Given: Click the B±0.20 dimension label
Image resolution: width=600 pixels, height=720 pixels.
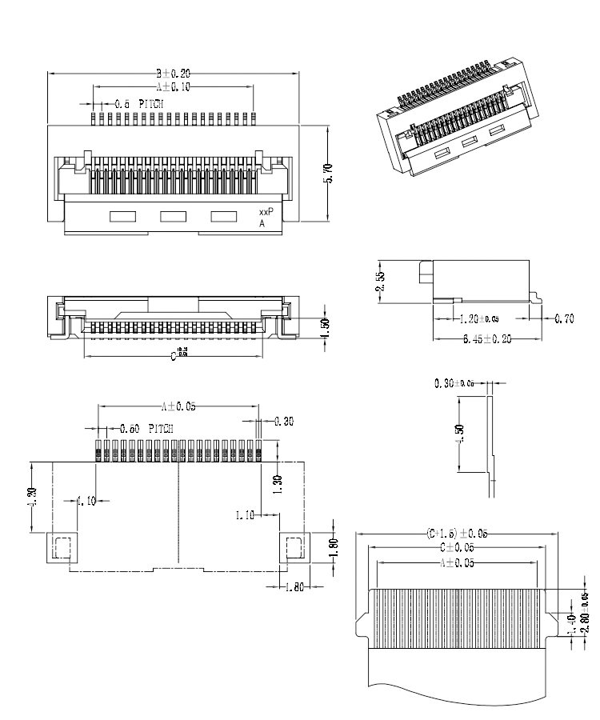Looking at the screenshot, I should pyautogui.click(x=173, y=74).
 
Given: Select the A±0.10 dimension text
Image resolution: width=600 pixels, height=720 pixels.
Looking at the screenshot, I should pyautogui.click(x=173, y=86).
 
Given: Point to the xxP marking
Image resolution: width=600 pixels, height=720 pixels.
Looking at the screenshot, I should pyautogui.click(x=266, y=212).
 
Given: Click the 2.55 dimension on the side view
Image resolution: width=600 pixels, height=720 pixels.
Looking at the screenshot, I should pyautogui.click(x=380, y=280).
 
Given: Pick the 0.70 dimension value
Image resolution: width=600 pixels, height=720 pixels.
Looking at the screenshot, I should pyautogui.click(x=564, y=319).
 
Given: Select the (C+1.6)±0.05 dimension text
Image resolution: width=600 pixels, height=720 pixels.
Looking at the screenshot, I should pyautogui.click(x=457, y=534).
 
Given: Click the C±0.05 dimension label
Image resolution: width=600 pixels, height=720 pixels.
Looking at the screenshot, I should pyautogui.click(x=457, y=548).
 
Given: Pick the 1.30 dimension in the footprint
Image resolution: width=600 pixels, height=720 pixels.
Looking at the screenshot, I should pyautogui.click(x=277, y=484).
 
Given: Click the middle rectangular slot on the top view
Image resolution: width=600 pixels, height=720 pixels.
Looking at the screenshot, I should pyautogui.click(x=173, y=216).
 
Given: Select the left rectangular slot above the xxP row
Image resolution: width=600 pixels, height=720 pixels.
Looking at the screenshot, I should pyautogui.click(x=122, y=216).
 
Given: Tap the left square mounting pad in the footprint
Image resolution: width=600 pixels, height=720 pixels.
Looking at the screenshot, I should pyautogui.click(x=62, y=548).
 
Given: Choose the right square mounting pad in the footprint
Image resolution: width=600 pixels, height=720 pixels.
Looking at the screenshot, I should pyautogui.click(x=294, y=548).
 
